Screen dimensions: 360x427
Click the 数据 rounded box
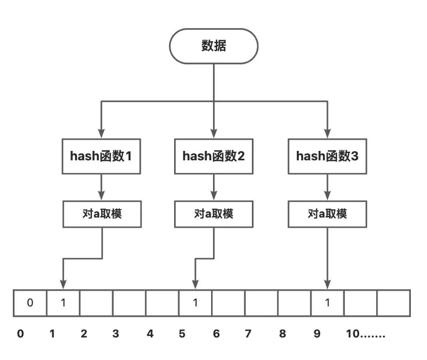pyautogui.click(x=213, y=46)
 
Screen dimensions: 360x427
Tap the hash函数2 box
pyautogui.click(x=213, y=156)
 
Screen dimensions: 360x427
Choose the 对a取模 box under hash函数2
pyautogui.click(x=213, y=213)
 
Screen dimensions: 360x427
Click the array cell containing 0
pyautogui.click(x=30, y=303)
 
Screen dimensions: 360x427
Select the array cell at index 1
pyautogui.click(x=63, y=303)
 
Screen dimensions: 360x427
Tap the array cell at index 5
pyautogui.click(x=195, y=303)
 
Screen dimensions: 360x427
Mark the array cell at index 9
pyautogui.click(x=327, y=303)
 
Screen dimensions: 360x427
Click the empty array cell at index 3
pyautogui.click(x=129, y=303)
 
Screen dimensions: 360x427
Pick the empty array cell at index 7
pyautogui.click(x=261, y=303)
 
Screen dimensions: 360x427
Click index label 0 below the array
pyautogui.click(x=20, y=334)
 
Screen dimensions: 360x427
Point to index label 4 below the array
pyautogui.click(x=150, y=334)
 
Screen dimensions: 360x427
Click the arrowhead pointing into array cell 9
pyautogui.click(x=327, y=284)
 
